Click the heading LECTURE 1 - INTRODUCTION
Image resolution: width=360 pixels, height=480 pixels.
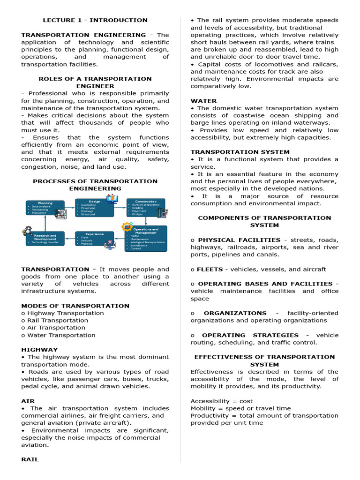click(x=95, y=20)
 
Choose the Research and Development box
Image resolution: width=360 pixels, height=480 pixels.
click(x=45, y=239)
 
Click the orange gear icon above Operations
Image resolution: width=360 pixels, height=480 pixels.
click(x=127, y=227)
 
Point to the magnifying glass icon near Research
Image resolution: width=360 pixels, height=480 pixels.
click(x=27, y=231)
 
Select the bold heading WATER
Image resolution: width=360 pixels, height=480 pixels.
click(x=203, y=101)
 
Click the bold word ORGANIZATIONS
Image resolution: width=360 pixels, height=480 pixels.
click(x=235, y=313)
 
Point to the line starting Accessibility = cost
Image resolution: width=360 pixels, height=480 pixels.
click(x=221, y=401)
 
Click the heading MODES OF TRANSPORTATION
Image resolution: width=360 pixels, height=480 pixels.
click(x=75, y=306)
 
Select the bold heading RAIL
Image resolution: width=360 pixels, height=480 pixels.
click(x=30, y=460)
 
